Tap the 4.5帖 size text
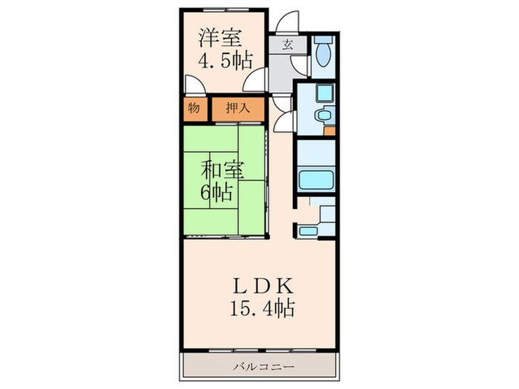221,61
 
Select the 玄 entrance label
288,44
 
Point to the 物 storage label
193,108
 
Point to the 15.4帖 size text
257,307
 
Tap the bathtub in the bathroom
317,180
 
